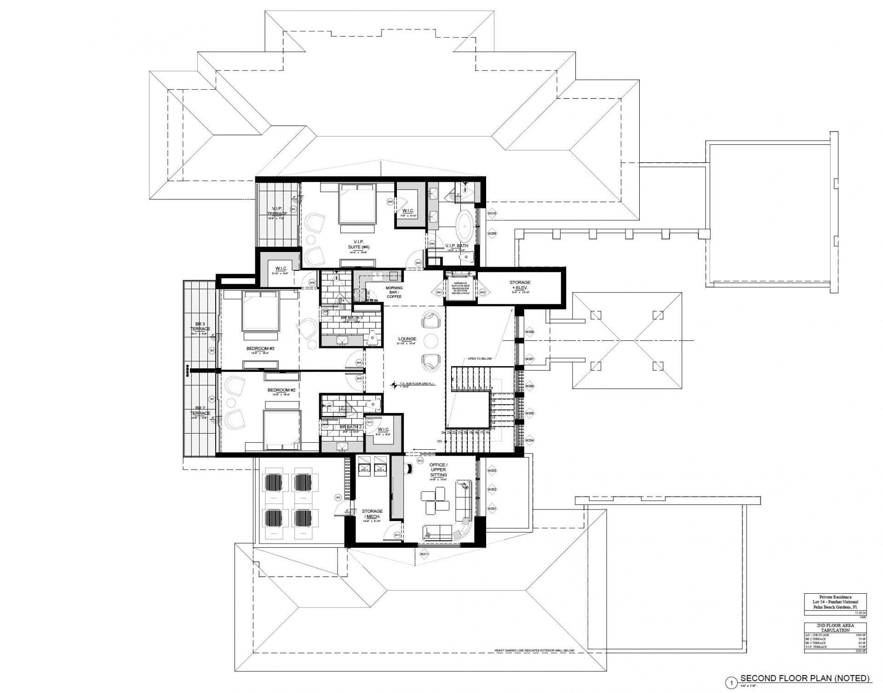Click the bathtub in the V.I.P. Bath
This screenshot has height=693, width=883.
tap(465, 225)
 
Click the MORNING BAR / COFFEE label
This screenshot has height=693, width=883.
tap(394, 292)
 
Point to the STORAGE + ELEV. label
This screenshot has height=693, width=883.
tap(520, 285)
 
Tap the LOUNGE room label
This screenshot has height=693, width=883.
tap(407, 339)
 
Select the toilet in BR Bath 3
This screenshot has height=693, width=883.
tap(373, 338)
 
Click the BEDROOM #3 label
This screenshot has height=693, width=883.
tap(260, 349)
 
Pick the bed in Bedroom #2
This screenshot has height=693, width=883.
tap(281, 429)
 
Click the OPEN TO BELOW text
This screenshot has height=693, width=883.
tap(480, 358)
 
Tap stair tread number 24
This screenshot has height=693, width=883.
tap(443, 433)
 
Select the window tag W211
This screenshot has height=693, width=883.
tap(424, 554)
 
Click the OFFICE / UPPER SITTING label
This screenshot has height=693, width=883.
tap(438, 470)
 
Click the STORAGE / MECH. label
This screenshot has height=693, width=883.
tap(372, 514)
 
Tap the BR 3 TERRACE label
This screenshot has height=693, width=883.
tap(200, 326)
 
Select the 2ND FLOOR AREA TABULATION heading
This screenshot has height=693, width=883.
tap(835, 628)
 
